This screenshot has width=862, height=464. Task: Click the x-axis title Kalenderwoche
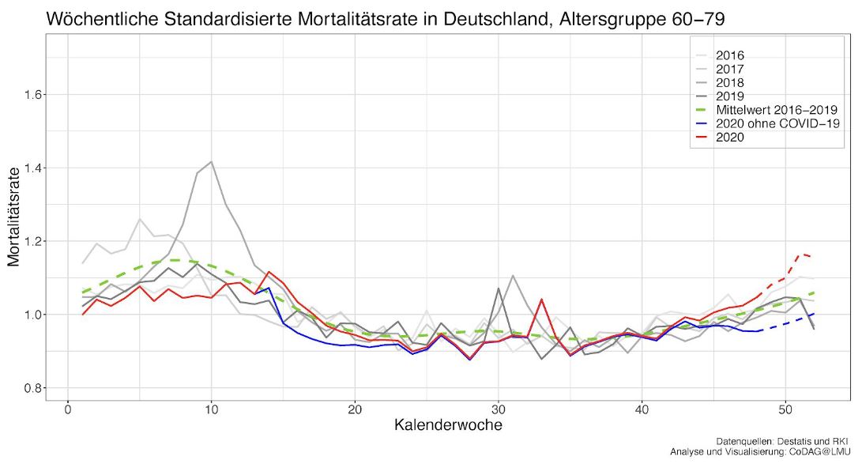(x=448, y=425)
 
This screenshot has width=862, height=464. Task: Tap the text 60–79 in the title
(x=706, y=18)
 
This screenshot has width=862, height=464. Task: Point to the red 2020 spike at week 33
(x=541, y=300)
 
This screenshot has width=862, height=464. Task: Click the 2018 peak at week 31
(x=513, y=276)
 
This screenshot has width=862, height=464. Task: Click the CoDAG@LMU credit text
(x=812, y=451)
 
